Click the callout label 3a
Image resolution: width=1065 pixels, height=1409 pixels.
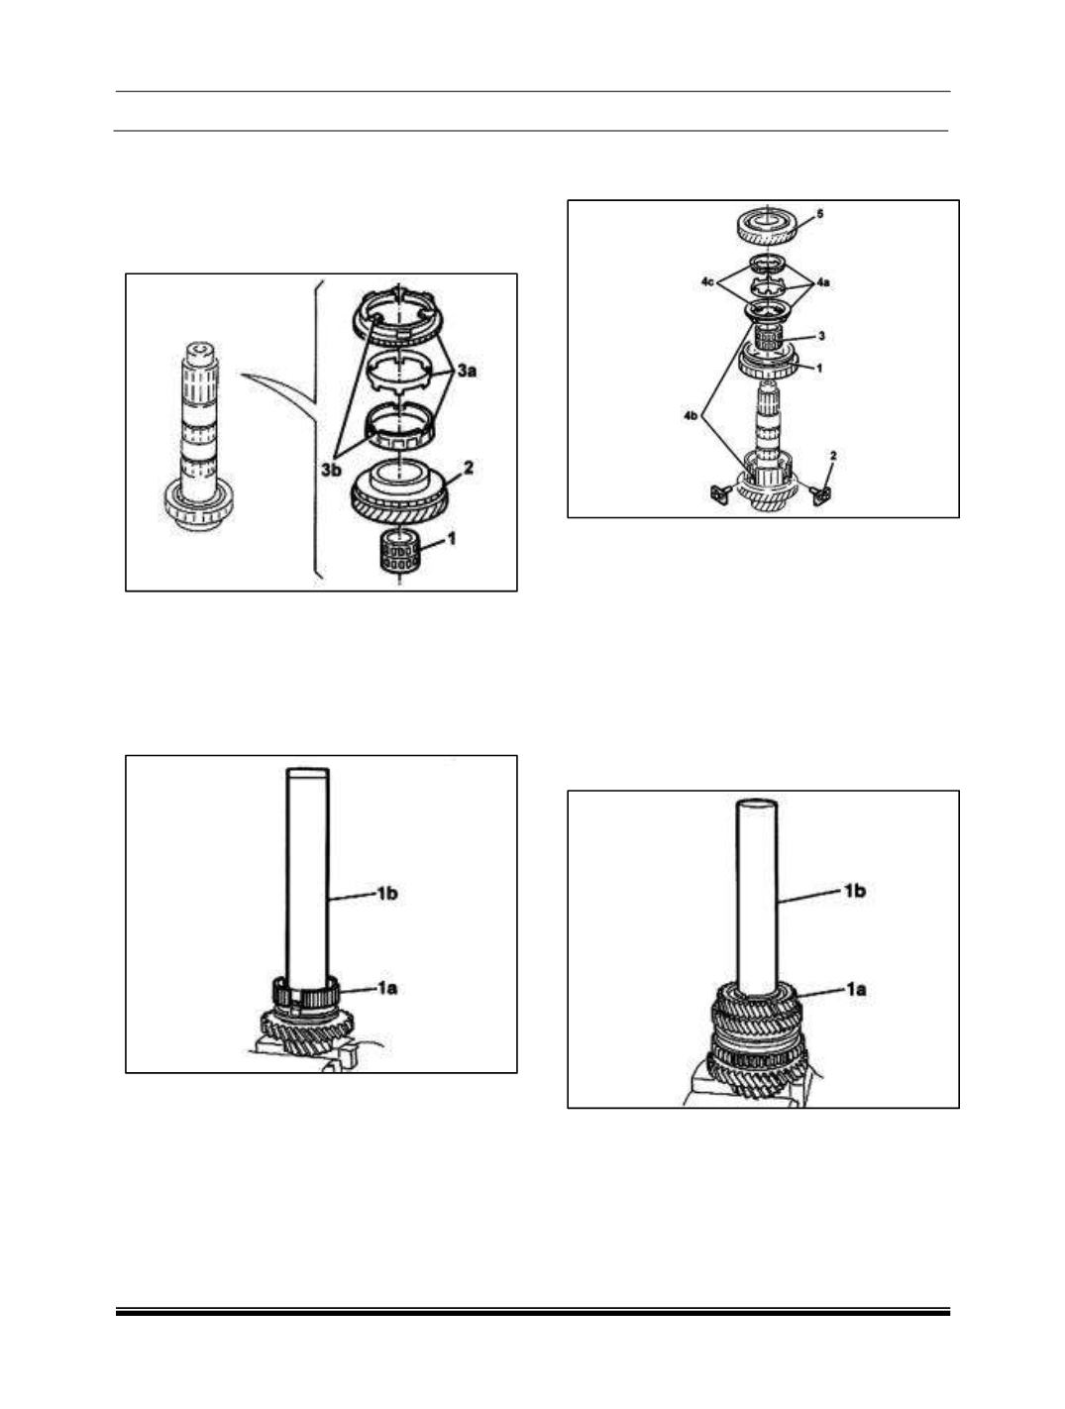click(x=467, y=371)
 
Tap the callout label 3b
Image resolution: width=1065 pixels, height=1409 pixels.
click(x=332, y=470)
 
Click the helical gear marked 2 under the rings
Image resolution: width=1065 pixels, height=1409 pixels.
click(x=400, y=495)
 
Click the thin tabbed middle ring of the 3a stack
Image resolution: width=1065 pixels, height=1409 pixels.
click(x=398, y=374)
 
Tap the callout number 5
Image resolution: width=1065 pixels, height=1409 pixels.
click(x=820, y=214)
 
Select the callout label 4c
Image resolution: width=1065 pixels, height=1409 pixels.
click(x=708, y=281)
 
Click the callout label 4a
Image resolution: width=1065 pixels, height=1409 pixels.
click(x=824, y=281)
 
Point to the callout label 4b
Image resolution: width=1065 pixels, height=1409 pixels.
click(x=692, y=416)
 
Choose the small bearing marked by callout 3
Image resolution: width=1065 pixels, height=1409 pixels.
click(x=769, y=338)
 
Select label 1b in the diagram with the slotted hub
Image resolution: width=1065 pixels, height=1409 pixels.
click(x=386, y=893)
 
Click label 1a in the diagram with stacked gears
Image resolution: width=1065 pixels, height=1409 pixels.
click(x=855, y=990)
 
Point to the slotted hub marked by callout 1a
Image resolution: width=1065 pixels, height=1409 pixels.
click(x=307, y=997)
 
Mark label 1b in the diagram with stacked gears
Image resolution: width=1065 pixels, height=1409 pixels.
click(x=855, y=891)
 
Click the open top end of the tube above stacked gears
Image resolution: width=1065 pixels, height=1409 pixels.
click(x=757, y=803)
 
